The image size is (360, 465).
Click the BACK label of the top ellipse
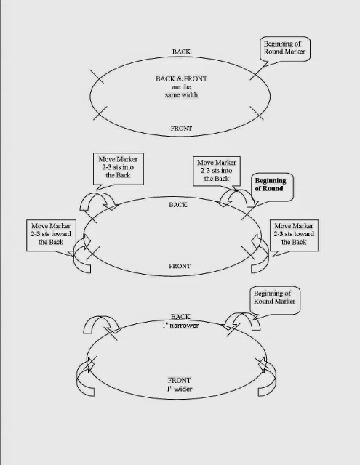181,52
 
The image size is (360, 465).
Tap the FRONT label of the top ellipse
181,129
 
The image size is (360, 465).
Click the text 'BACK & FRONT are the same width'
181,86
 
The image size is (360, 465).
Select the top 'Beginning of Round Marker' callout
284,49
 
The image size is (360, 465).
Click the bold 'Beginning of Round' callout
273,187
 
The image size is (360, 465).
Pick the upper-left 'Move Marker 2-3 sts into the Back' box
118,169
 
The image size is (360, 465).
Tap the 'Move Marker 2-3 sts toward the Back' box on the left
51,235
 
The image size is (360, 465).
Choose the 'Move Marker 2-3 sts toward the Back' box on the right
294,235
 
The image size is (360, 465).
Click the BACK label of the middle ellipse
177,205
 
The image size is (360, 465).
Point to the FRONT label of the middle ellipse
179,266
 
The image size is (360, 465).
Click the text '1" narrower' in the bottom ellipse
180,325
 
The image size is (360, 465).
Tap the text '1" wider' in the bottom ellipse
179,389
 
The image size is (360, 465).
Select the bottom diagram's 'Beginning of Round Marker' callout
274,300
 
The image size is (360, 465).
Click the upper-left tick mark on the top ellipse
97,76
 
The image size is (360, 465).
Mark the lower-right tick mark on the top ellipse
257,113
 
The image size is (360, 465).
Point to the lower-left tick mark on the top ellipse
100,113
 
